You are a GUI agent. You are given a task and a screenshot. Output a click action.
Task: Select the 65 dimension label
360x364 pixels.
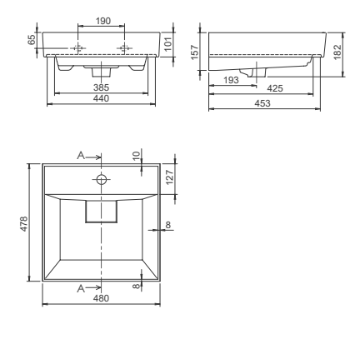click(32, 40)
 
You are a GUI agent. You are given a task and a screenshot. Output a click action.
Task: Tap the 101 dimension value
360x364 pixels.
click(167, 44)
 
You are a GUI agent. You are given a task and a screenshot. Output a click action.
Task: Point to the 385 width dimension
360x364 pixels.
click(102, 87)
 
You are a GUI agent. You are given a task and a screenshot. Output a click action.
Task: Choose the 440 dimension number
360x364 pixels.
click(102, 98)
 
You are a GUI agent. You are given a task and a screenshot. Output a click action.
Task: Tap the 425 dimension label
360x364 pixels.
click(272, 87)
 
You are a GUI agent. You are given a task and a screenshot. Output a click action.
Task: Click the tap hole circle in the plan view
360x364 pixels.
click(102, 179)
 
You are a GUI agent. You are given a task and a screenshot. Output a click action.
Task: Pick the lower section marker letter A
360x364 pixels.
click(80, 287)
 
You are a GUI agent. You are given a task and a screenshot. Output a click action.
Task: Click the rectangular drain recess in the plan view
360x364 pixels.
click(102, 212)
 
